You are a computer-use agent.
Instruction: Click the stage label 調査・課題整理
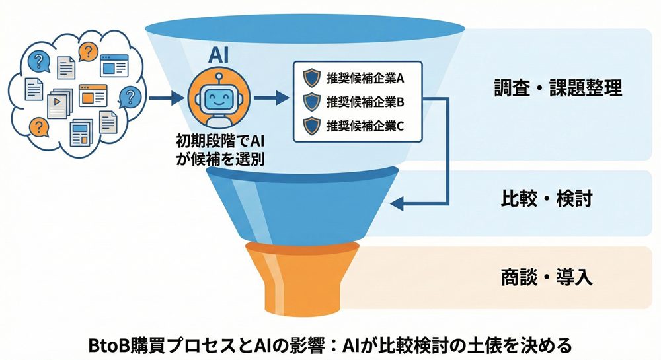[558, 88]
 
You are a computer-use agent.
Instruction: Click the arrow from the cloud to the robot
[165, 100]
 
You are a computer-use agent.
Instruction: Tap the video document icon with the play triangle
[58, 102]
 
